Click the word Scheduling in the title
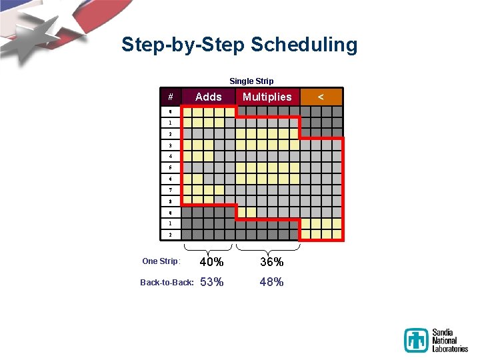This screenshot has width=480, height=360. coord(304,45)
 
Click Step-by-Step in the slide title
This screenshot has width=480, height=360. coord(183,45)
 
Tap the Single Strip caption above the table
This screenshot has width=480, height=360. coord(251,81)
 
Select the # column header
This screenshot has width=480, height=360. coord(171,97)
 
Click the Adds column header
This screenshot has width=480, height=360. coord(208,97)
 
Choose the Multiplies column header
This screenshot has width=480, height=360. coord(267,97)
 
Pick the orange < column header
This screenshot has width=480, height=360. coord(321,97)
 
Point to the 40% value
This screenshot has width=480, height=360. coord(211,262)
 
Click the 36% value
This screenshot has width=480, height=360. coord(271,262)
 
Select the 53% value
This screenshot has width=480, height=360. coord(211,282)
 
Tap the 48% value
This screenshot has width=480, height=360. coord(271,282)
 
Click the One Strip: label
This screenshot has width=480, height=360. coord(161,261)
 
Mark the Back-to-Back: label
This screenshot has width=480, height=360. coord(167,282)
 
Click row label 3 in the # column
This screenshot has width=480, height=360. coord(171,145)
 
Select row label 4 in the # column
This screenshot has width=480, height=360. coord(171,157)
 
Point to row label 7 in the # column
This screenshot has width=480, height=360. coord(171,190)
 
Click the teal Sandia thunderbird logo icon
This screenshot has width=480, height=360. coord(417,340)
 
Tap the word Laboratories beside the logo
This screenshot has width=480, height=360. coord(450,349)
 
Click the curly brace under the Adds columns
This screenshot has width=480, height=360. coord(208,248)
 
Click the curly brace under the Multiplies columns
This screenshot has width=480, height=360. coord(268,248)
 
